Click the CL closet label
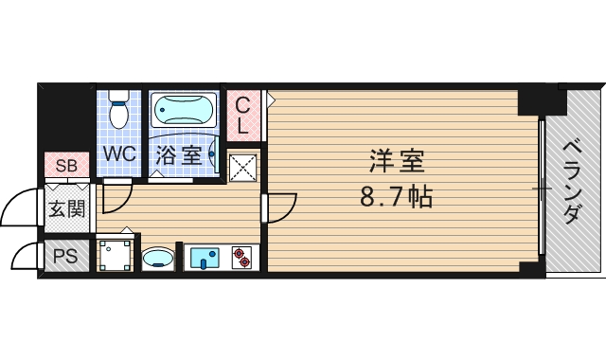pos(243,115)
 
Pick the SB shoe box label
pos(65,167)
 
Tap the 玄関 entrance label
pos(66,207)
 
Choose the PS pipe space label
pos(65,255)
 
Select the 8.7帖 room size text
pos(396,198)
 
